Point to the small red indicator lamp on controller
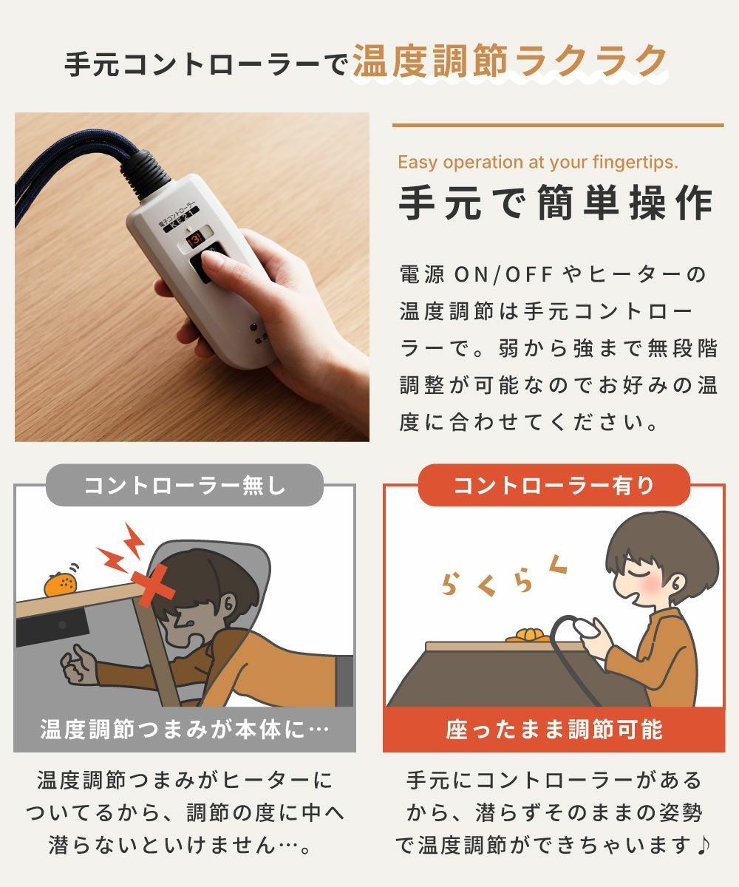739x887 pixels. click(x=253, y=327)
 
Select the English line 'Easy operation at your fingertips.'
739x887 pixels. click(x=538, y=162)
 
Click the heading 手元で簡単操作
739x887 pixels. click(x=556, y=203)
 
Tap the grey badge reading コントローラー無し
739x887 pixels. click(x=184, y=485)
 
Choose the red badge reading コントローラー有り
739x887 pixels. click(x=554, y=485)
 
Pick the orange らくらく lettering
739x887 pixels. click(x=504, y=579)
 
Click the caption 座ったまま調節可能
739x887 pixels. click(x=554, y=730)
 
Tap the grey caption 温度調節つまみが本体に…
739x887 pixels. click(x=184, y=730)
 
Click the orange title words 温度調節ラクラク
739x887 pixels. click(x=510, y=61)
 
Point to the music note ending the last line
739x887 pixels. click(x=704, y=845)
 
